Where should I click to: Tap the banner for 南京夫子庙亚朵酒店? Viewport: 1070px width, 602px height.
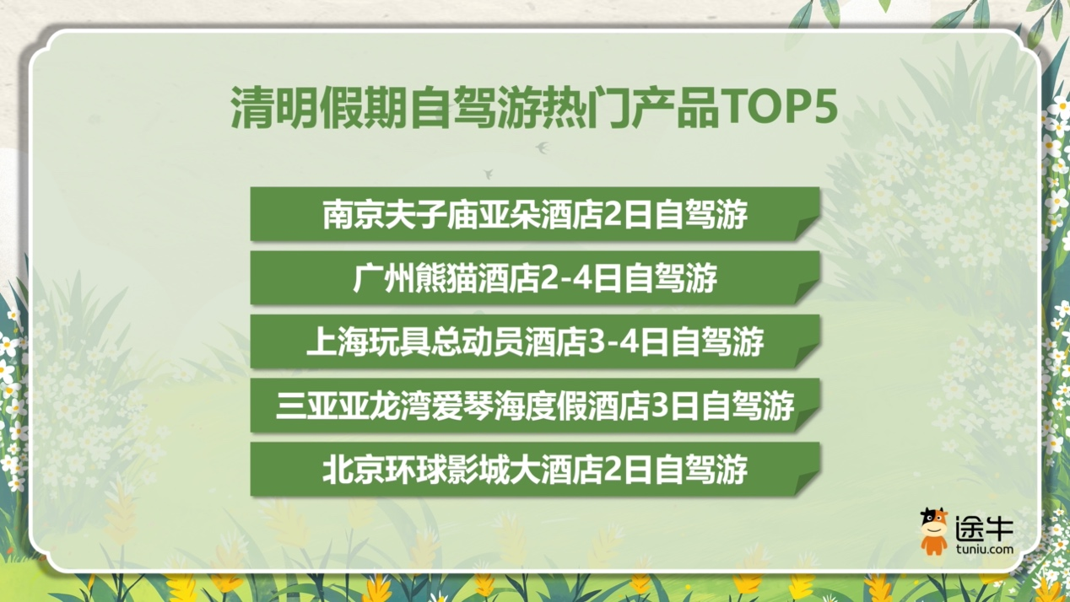535,214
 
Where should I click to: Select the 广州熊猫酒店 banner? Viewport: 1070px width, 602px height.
535,277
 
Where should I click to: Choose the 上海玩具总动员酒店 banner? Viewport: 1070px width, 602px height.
535,341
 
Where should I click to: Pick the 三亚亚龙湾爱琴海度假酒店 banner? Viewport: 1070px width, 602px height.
535,406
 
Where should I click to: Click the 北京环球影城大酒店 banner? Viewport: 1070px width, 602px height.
535,469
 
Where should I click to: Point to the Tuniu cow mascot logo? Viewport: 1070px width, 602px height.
933,531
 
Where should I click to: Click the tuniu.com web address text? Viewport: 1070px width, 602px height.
984,549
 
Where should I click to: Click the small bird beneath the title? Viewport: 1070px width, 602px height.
542,148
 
